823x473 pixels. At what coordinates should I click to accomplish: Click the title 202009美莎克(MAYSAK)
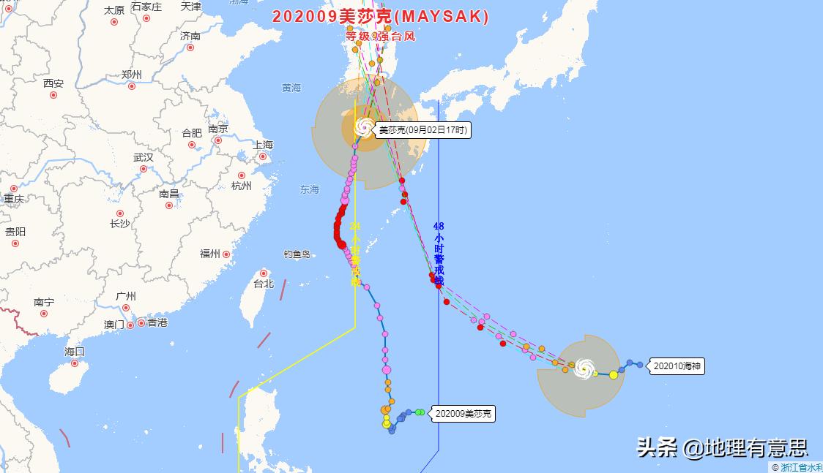tap(381, 17)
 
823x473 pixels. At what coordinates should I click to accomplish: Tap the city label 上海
tap(262, 145)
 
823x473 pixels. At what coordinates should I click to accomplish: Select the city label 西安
tap(53, 83)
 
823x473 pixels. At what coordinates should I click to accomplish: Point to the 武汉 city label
tap(144, 157)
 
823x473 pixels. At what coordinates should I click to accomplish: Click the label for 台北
tap(263, 284)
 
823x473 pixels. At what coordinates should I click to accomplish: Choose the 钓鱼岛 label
tap(297, 254)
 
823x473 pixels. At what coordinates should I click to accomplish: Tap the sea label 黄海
tap(291, 88)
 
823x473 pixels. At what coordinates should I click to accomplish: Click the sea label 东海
tap(309, 189)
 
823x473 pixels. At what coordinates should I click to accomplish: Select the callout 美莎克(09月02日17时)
tap(422, 131)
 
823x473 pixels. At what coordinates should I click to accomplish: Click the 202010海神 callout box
tap(677, 366)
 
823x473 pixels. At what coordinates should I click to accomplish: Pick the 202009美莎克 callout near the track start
tap(463, 414)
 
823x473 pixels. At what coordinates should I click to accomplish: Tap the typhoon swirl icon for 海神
tap(584, 368)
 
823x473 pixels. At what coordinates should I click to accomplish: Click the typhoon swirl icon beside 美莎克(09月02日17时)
tap(363, 128)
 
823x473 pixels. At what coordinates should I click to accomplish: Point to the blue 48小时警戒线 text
tap(439, 253)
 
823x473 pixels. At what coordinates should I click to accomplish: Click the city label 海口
tap(75, 352)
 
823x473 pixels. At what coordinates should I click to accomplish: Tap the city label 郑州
tap(132, 75)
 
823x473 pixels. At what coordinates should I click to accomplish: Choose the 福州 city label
tap(210, 254)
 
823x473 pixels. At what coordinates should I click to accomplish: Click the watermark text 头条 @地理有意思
tap(721, 447)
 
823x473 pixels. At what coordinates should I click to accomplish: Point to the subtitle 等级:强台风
tap(381, 36)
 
